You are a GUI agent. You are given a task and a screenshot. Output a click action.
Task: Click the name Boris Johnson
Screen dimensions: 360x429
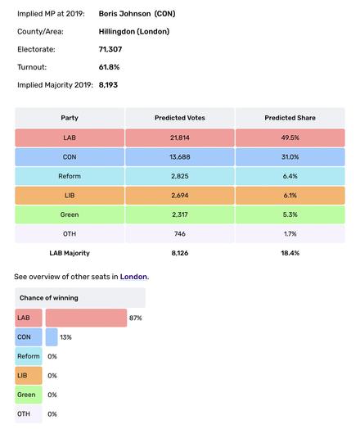pos(124,14)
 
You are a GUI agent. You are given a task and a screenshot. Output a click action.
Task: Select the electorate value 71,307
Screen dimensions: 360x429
pos(110,49)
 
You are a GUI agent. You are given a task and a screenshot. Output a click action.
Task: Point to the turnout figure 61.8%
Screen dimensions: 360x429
pos(109,67)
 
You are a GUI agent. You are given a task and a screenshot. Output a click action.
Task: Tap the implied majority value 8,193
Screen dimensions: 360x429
pos(108,85)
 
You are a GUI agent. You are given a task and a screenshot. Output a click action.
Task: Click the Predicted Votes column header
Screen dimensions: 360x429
pos(180,118)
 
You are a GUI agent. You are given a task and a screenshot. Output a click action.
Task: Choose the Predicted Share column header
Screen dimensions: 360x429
pos(290,118)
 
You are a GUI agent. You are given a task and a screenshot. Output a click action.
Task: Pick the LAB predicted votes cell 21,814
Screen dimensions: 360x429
pos(180,138)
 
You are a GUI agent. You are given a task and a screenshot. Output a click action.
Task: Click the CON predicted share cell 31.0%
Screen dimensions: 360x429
pos(290,157)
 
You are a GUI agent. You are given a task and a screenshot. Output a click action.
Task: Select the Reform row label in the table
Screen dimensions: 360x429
pos(70,176)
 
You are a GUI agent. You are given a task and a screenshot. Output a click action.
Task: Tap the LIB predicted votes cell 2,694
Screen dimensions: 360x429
pos(180,196)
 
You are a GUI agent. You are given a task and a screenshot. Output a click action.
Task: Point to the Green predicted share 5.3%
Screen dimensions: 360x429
pos(290,214)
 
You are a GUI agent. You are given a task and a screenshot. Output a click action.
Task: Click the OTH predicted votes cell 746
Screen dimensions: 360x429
pos(180,233)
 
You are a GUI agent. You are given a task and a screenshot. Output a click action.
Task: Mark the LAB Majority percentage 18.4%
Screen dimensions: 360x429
pos(290,253)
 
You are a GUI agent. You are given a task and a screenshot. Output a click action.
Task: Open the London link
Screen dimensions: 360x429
pos(133,277)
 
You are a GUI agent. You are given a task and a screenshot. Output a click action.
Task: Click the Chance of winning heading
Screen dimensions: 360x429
pos(49,298)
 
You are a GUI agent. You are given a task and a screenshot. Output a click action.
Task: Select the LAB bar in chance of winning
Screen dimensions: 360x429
pos(86,318)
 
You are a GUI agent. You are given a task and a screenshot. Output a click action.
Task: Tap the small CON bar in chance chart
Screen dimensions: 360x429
pos(52,337)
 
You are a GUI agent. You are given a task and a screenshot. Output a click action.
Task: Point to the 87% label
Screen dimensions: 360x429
pos(135,318)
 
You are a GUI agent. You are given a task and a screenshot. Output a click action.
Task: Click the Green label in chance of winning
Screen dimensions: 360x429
pos(26,395)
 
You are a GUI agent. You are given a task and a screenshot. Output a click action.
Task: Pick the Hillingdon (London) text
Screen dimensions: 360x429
pos(134,31)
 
